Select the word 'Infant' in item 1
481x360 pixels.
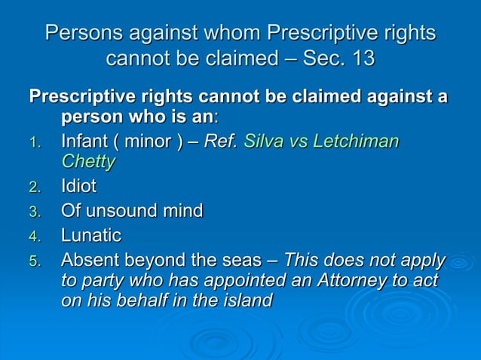[x=85, y=142]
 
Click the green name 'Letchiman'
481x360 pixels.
[x=357, y=142]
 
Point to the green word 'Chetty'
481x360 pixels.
[x=88, y=161]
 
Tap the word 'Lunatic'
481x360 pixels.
[x=90, y=236]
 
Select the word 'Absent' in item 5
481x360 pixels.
[x=87, y=261]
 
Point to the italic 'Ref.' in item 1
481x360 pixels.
[x=221, y=142]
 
